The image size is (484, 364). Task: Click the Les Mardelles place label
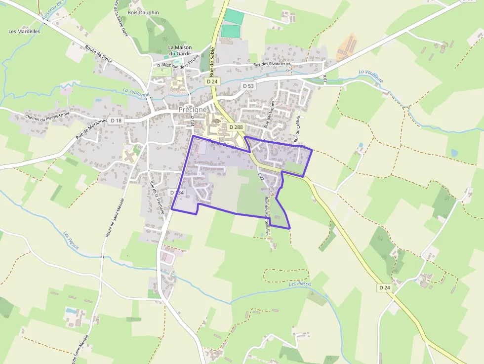click(x=24, y=31)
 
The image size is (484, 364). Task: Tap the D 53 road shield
click(x=248, y=86)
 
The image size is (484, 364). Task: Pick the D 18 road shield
click(x=116, y=121)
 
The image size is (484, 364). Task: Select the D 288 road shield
click(x=236, y=127)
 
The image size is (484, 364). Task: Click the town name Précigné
click(x=193, y=110)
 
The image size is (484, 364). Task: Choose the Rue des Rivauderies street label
click(x=272, y=64)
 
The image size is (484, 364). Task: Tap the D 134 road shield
click(x=176, y=193)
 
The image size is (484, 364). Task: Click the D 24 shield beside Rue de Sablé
click(x=212, y=81)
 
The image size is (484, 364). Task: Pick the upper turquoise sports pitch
click(x=234, y=17)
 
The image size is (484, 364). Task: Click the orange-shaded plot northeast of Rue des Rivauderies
click(x=348, y=47)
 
